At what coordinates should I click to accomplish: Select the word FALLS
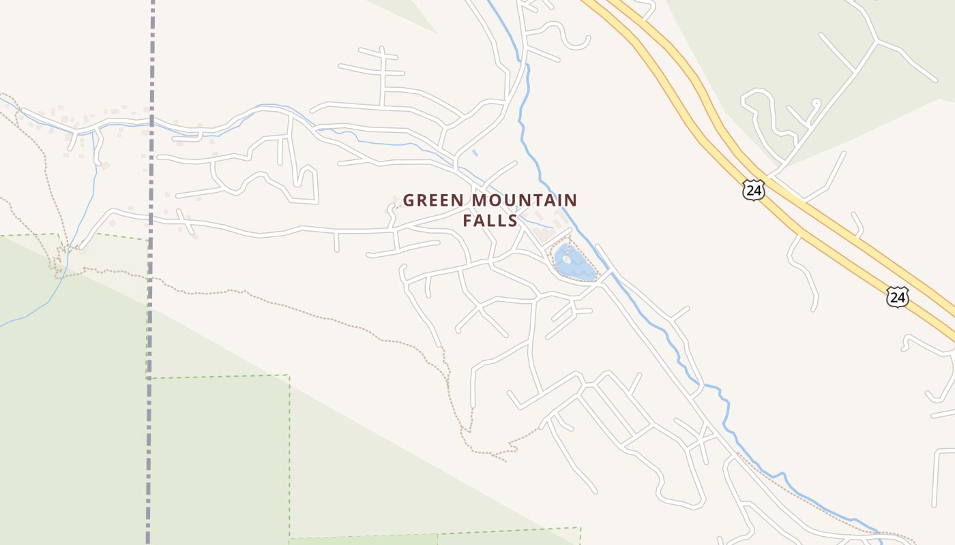pyautogui.click(x=490, y=221)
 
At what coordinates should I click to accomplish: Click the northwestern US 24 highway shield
pyautogui.click(x=754, y=190)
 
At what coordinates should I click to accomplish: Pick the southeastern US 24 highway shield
pyautogui.click(x=898, y=296)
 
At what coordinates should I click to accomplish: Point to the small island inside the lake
pyautogui.click(x=567, y=259)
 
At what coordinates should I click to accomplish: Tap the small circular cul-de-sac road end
pyautogui.click(x=816, y=103)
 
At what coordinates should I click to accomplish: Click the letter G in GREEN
pyautogui.click(x=409, y=201)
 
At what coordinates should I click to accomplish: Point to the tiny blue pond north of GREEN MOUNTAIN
pyautogui.click(x=475, y=153)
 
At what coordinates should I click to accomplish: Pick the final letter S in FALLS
pyautogui.click(x=512, y=221)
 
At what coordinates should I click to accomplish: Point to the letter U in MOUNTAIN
pyautogui.click(x=512, y=201)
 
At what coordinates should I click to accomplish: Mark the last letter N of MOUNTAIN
pyautogui.click(x=571, y=201)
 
